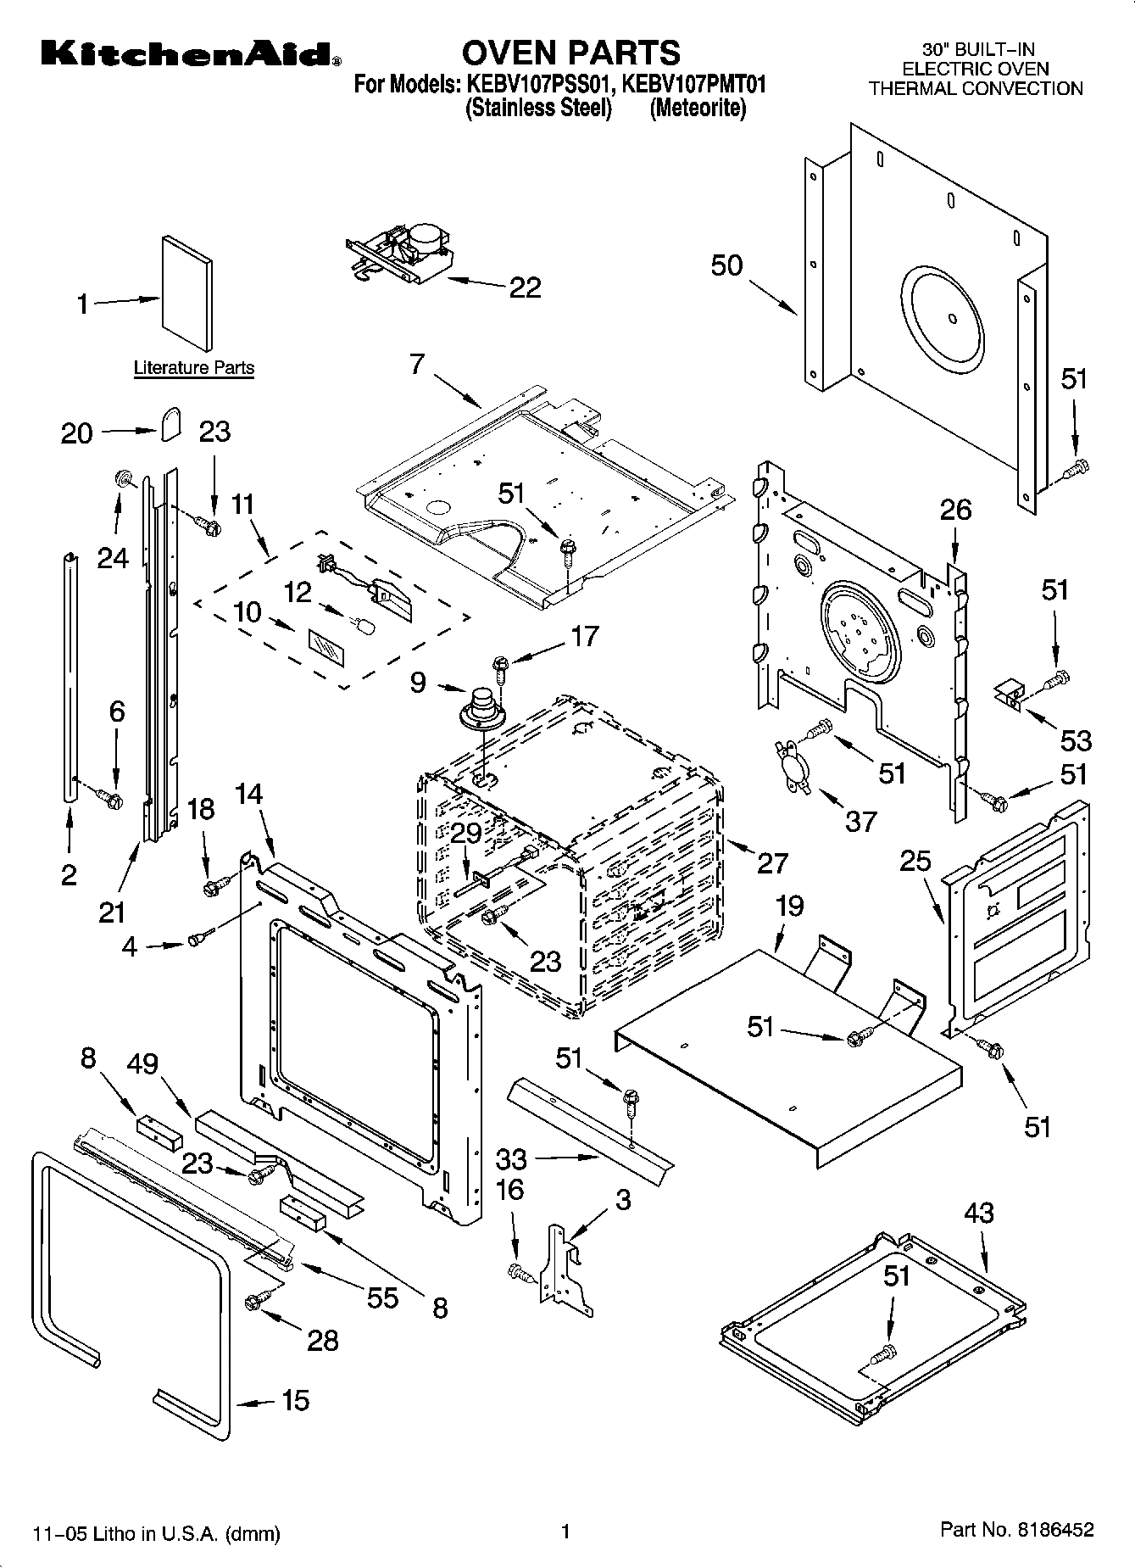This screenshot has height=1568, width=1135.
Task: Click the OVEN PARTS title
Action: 570,53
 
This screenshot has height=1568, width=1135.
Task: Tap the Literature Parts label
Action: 194,368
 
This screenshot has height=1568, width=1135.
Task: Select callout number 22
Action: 525,287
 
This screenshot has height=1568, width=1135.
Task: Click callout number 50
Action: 726,265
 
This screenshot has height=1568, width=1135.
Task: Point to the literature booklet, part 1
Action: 187,293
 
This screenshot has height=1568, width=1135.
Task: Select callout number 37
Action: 860,820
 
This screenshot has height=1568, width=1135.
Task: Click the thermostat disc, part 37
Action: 793,766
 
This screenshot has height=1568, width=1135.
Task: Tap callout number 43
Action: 978,1213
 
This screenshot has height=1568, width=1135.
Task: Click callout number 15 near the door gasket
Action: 295,1400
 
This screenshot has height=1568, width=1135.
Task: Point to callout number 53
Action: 1076,740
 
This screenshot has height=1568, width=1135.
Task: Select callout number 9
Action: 418,682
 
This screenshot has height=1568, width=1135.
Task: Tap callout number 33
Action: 511,1158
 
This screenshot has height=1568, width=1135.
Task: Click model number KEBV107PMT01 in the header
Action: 694,85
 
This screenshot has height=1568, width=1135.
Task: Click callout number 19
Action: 788,906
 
